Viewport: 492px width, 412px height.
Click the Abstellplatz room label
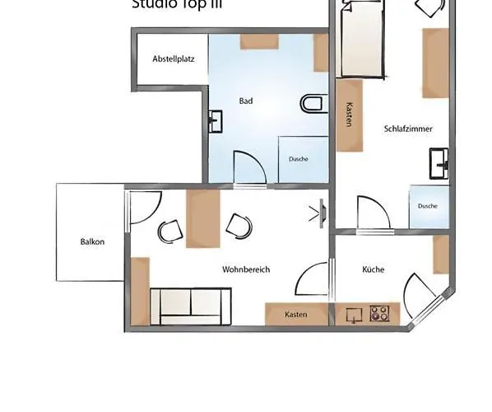pyautogui.click(x=173, y=59)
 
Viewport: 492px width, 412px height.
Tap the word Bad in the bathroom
pyautogui.click(x=245, y=101)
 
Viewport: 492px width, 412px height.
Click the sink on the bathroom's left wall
pyautogui.click(x=216, y=121)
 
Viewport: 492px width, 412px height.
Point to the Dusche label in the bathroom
pyautogui.click(x=298, y=159)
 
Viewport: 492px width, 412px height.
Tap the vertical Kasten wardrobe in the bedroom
pyautogui.click(x=350, y=116)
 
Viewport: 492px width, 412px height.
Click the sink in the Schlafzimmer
pyautogui.click(x=439, y=162)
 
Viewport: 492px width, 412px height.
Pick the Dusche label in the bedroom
pyautogui.click(x=427, y=206)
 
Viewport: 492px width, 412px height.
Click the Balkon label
pyautogui.click(x=92, y=242)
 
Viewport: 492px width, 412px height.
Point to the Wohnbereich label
pyautogui.click(x=246, y=269)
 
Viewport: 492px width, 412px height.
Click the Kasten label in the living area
pyautogui.click(x=295, y=315)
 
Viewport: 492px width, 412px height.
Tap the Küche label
pyautogui.click(x=373, y=269)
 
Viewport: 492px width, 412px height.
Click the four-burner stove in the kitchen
pyautogui.click(x=379, y=313)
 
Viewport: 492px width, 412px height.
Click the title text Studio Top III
pyautogui.click(x=176, y=4)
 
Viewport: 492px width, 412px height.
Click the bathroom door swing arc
pyautogui.click(x=250, y=166)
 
